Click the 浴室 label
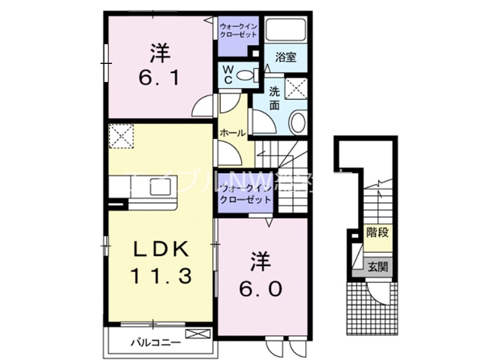(285, 58)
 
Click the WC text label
(230, 75)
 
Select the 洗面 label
(274, 98)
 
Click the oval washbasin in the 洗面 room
(298, 124)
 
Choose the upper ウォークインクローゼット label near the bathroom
(239, 30)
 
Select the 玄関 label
(378, 265)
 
